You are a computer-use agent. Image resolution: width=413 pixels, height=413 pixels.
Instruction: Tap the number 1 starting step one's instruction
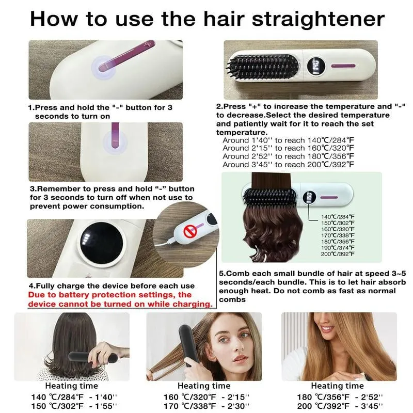click(x=30, y=108)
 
